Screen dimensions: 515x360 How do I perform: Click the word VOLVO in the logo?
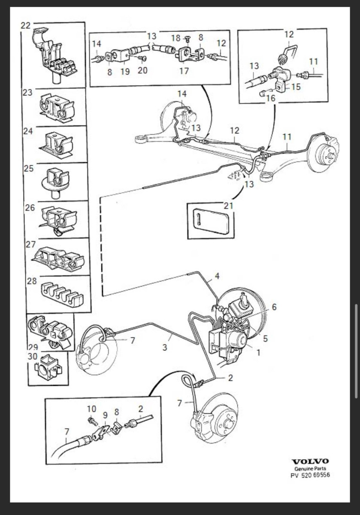[x=310, y=461]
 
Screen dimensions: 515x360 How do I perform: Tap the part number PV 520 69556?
[x=310, y=476]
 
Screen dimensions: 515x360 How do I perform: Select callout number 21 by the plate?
[x=228, y=206]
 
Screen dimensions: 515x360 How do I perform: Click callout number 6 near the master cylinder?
[x=274, y=307]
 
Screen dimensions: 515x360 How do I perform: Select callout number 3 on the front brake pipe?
[x=165, y=348]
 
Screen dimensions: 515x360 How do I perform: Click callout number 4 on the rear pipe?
[x=218, y=276]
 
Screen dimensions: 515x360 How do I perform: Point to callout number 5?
[x=266, y=339]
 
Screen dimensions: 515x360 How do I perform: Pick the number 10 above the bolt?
[x=92, y=409]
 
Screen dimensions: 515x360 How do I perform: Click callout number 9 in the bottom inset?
[x=105, y=415]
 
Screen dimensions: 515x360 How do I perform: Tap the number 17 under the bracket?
[x=184, y=71]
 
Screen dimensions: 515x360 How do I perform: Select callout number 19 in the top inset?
[x=125, y=72]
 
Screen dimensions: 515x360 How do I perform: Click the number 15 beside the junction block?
[x=296, y=87]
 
